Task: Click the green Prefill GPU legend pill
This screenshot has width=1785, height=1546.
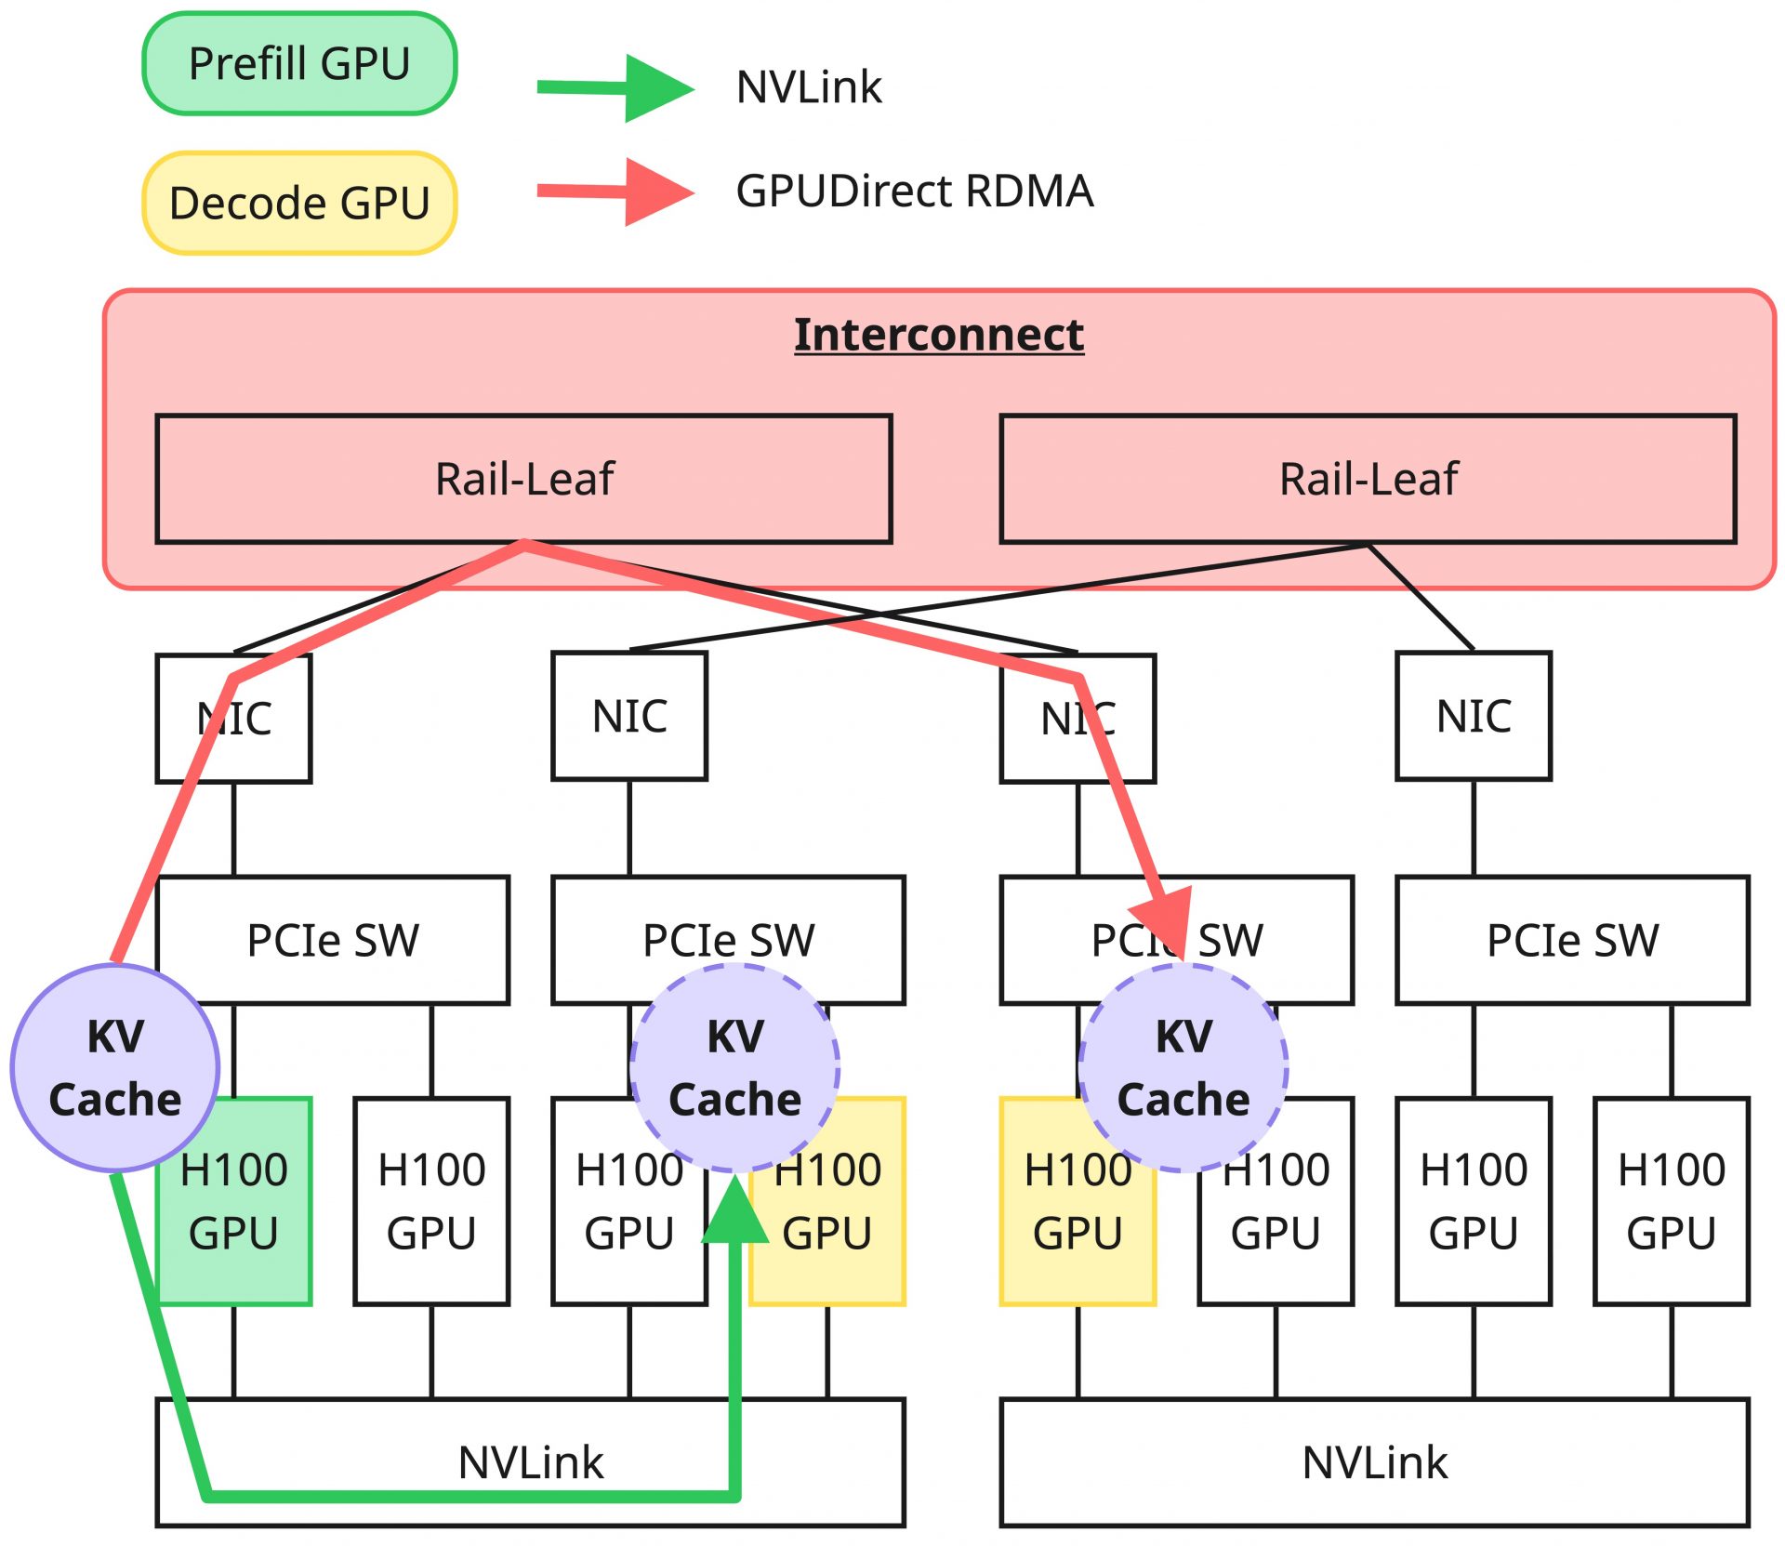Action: pos(299,64)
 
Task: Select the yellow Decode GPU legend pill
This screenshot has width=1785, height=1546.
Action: pos(299,203)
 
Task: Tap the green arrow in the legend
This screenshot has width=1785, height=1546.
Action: pos(615,88)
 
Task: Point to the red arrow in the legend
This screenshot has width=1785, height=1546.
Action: pos(615,192)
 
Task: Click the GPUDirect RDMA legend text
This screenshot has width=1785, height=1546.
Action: pos(914,192)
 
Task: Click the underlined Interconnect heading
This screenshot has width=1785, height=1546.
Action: pos(938,335)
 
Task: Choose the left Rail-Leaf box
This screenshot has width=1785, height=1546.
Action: pos(523,479)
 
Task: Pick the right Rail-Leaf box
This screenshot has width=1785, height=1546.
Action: pos(1368,479)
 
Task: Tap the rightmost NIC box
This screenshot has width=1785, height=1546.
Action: pos(1474,716)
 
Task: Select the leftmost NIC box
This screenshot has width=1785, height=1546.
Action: pos(233,719)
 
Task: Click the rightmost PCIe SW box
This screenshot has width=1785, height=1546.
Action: pos(1572,940)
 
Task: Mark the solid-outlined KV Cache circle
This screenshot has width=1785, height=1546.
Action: pos(115,1067)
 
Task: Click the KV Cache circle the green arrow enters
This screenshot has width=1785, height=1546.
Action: pos(734,1067)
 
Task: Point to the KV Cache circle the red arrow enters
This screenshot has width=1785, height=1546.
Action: pos(1183,1067)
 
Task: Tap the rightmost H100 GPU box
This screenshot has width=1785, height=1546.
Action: pos(1671,1201)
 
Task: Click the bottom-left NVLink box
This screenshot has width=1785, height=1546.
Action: pos(530,1462)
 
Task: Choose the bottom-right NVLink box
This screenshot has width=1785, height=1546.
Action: pos(1374,1462)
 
